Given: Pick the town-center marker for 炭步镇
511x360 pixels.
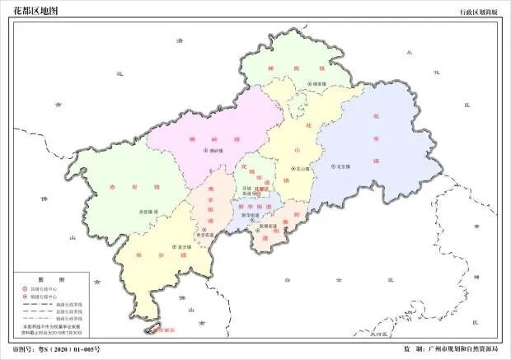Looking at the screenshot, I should coord(175,246).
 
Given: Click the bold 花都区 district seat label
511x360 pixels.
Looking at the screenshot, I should coord(262,189).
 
